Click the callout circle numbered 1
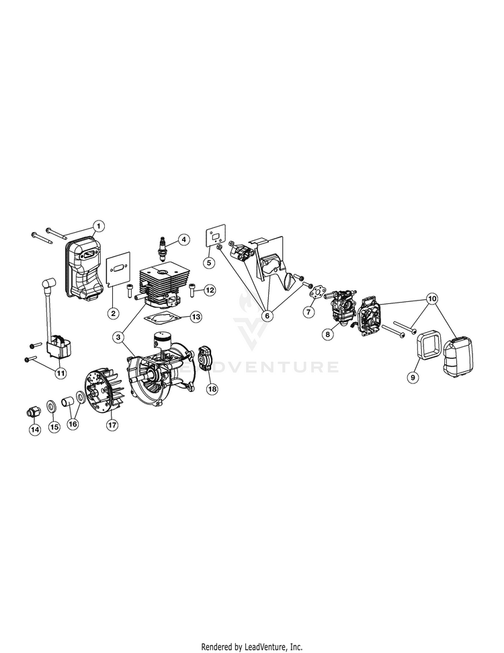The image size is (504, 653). pos(98,225)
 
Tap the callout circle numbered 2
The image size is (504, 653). pos(114,294)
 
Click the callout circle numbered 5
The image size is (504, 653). pos(209,262)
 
